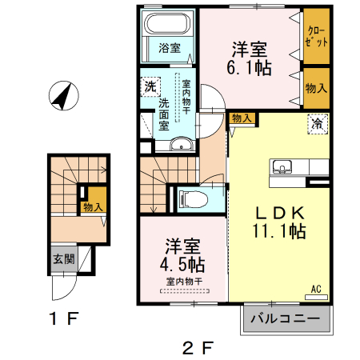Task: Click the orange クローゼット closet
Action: click(316, 37)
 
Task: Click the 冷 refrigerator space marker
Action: click(318, 123)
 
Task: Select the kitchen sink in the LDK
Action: click(282, 167)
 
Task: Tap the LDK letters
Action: click(279, 214)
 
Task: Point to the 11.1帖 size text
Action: click(279, 233)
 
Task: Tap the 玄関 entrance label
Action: click(63, 259)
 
